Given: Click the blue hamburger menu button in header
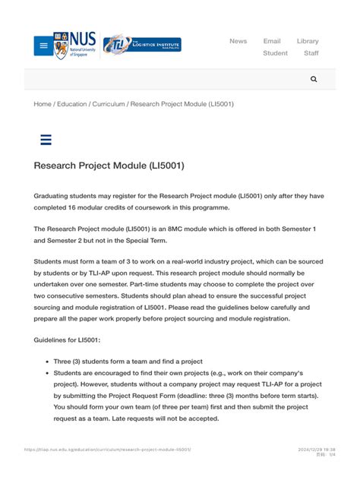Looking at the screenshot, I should coord(43,46).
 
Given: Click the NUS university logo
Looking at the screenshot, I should coord(74,46).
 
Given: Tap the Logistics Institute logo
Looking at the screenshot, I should coord(142,44).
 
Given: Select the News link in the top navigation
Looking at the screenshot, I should coord(238,41).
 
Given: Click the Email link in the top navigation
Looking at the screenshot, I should coord(272,41).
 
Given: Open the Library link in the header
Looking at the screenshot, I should coord(308,41).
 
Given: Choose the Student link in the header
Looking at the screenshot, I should coord(275,53).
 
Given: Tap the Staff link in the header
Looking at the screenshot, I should coord(311,53).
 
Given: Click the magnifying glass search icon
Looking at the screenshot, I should coord(314,79).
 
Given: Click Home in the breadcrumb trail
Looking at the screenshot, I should coord(43,104).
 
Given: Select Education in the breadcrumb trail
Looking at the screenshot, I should coord(72,104).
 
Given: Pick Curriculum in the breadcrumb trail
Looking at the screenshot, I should coord(109,104).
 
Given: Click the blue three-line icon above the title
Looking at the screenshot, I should coord(45,140).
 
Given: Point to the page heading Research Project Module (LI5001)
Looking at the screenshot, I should coord(109,166).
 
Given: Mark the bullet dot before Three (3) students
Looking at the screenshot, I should coord(48,362).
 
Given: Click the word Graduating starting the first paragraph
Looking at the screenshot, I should coord(54,195).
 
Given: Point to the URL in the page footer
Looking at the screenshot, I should coord(107,450).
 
